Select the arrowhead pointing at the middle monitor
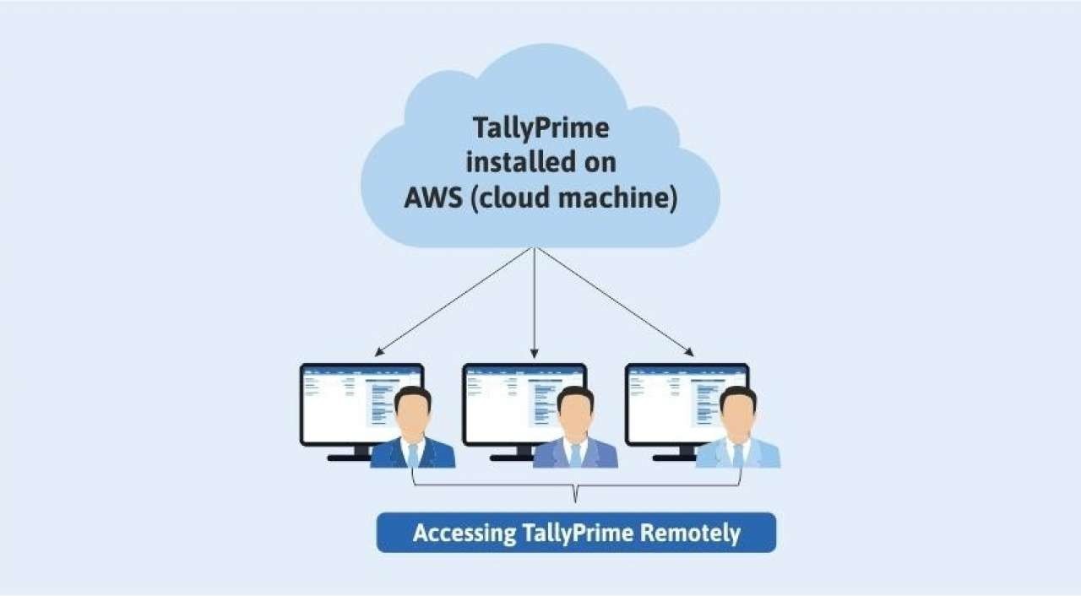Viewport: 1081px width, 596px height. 534,353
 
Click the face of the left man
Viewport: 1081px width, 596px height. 413,415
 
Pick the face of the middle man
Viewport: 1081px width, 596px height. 575,415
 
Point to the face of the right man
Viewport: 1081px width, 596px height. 738,415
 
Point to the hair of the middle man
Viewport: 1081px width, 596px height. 575,395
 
